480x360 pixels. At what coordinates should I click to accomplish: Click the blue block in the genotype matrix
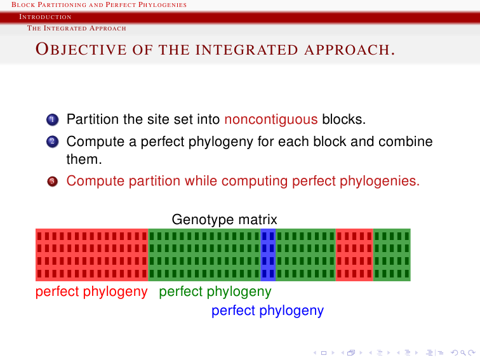point(268,255)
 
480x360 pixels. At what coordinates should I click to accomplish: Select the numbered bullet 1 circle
point(52,120)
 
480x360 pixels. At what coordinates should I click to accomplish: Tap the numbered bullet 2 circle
point(52,142)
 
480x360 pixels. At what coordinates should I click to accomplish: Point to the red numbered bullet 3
point(52,181)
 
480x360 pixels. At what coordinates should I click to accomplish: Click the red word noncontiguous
point(271,119)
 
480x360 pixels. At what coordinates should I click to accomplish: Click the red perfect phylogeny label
point(91,291)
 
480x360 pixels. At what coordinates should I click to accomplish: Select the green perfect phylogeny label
point(215,291)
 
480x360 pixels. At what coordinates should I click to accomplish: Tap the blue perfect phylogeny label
point(267,310)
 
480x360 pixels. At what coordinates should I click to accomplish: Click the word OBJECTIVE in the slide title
point(81,50)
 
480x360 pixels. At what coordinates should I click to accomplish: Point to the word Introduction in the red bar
point(45,17)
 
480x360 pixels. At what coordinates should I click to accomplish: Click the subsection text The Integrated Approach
point(77,28)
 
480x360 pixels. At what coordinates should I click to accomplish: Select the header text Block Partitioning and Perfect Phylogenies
point(99,4)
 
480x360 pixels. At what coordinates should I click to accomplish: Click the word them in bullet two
point(84,159)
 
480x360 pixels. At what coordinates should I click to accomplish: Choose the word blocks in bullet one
point(343,119)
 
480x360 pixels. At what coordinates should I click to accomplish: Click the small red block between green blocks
point(354,255)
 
